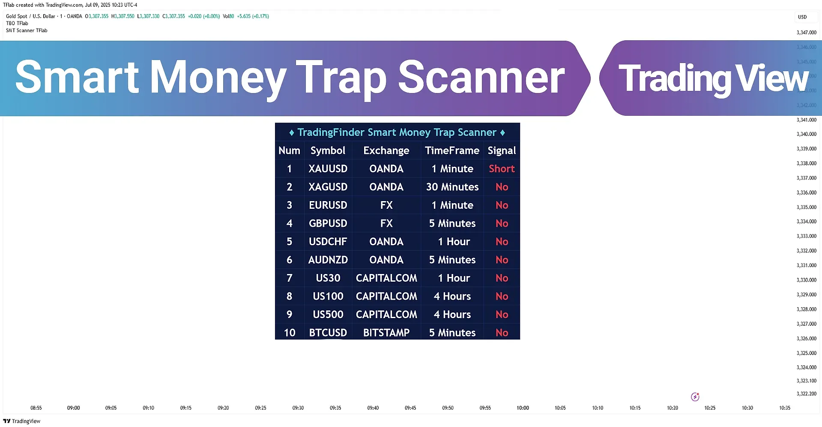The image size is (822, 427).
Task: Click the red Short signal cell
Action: pyautogui.click(x=502, y=169)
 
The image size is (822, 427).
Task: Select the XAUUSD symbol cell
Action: pyautogui.click(x=328, y=169)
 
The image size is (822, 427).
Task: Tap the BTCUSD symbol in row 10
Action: pyautogui.click(x=328, y=333)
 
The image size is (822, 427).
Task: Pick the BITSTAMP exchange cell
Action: pyautogui.click(x=386, y=333)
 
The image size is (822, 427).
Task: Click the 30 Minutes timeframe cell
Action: pyautogui.click(x=452, y=187)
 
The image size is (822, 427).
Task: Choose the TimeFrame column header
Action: pyautogui.click(x=452, y=150)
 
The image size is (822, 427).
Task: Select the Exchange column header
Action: pyautogui.click(x=386, y=150)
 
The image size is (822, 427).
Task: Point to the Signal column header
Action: pyautogui.click(x=502, y=150)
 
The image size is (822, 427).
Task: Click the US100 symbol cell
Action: pyautogui.click(x=328, y=296)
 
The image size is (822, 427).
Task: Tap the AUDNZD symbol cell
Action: pyautogui.click(x=328, y=260)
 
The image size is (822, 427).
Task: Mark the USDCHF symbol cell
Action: pyautogui.click(x=328, y=242)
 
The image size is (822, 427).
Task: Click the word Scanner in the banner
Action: pyautogui.click(x=481, y=77)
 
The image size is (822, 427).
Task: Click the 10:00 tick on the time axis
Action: pyautogui.click(x=523, y=408)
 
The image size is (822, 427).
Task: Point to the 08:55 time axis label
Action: pyautogui.click(x=36, y=408)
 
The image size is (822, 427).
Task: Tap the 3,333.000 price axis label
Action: pyautogui.click(x=807, y=236)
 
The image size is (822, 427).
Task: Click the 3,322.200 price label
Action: pyautogui.click(x=807, y=394)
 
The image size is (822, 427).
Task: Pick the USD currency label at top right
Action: pyautogui.click(x=802, y=17)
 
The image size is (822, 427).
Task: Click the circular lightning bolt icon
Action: pyautogui.click(x=695, y=397)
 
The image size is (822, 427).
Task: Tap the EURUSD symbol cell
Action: pyautogui.click(x=328, y=205)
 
